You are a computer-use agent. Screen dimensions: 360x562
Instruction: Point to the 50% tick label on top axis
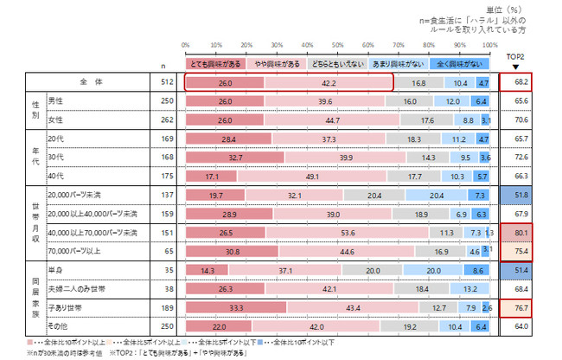tap(339, 45)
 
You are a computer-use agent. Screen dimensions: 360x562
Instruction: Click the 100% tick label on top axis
tap(491, 45)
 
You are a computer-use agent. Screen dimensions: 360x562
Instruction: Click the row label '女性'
tap(59, 120)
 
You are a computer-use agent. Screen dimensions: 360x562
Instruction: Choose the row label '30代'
tap(57, 157)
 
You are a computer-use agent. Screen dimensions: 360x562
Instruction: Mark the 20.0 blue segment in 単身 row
tap(437, 270)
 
